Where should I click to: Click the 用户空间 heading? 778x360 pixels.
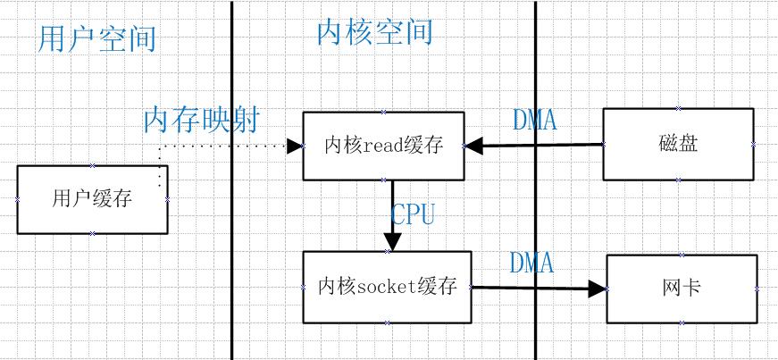click(x=97, y=39)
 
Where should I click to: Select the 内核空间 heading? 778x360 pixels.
click(x=374, y=32)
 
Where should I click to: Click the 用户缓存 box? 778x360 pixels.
click(x=92, y=199)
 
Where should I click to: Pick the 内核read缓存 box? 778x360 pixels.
click(x=383, y=146)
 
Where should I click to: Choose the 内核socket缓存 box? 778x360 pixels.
click(x=387, y=288)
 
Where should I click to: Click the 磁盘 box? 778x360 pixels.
click(x=678, y=144)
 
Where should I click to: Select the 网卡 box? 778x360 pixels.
click(x=682, y=289)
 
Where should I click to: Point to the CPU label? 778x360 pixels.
click(x=413, y=214)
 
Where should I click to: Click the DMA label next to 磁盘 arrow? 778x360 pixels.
click(x=535, y=120)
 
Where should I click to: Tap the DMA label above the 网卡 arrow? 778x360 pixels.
click(x=532, y=263)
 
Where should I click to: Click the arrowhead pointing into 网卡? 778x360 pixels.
click(x=598, y=289)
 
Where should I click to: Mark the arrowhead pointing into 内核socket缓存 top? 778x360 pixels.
click(x=392, y=243)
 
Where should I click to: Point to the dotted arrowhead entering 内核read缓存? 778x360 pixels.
click(x=294, y=145)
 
